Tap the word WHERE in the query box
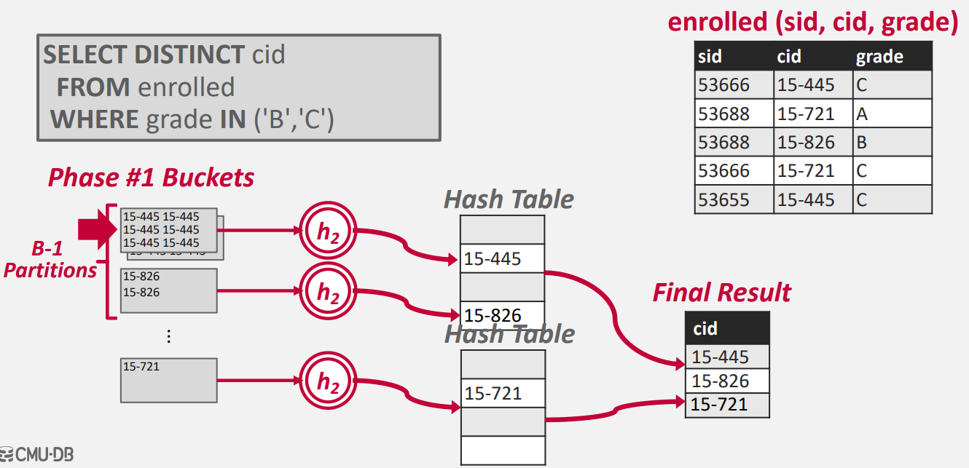(x=94, y=119)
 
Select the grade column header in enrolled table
(x=879, y=57)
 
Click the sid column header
(x=710, y=57)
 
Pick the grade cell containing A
(x=892, y=114)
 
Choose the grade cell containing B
(x=892, y=142)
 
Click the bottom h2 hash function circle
(x=328, y=380)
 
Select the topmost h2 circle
(x=328, y=231)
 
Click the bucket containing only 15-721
(x=168, y=380)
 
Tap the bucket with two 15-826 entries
(x=168, y=290)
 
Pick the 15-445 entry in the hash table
(x=502, y=258)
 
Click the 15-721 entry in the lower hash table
(x=502, y=394)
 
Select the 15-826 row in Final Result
(x=726, y=381)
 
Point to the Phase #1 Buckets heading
(x=151, y=177)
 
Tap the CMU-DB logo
(x=38, y=456)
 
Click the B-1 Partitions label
(x=50, y=260)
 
